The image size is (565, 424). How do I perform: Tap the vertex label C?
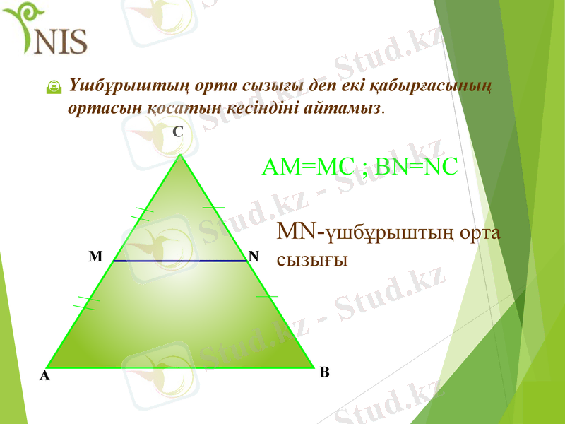pyautogui.click(x=178, y=131)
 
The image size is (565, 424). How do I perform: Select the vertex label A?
pyautogui.click(x=44, y=377)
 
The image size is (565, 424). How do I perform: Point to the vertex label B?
pyautogui.click(x=324, y=372)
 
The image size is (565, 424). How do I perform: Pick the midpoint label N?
pyautogui.click(x=254, y=256)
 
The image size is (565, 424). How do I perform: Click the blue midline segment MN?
pyautogui.click(x=179, y=261)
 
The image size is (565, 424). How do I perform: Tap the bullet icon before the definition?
pyautogui.click(x=52, y=87)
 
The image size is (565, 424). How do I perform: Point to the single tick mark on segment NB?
pyautogui.click(x=266, y=296)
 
